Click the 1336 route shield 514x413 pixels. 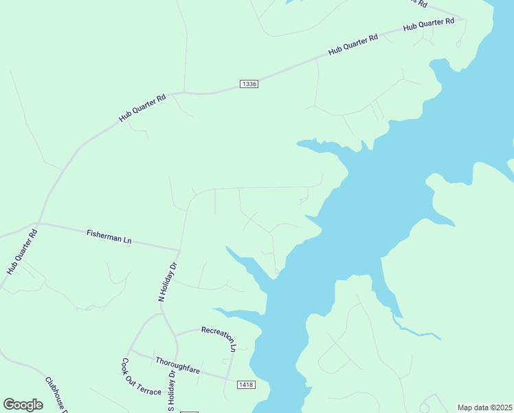[249, 84]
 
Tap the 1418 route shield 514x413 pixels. [245, 383]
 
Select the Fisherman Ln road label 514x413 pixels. [109, 237]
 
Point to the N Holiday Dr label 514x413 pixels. [168, 282]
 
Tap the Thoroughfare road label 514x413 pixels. [177, 366]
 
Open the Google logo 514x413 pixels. [23, 405]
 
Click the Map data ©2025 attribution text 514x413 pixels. [484, 407]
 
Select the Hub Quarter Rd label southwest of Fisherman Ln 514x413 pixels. [21, 252]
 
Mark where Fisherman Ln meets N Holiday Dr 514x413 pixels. [180, 250]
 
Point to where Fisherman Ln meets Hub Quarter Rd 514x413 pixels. [38, 223]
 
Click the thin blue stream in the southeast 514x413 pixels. [416, 335]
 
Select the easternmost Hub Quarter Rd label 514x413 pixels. [429, 25]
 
